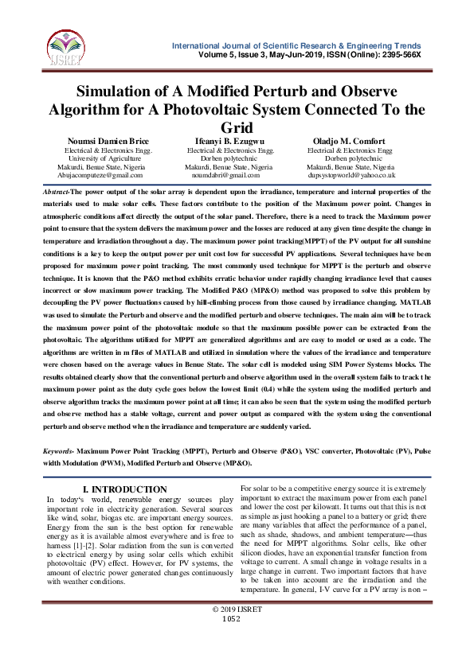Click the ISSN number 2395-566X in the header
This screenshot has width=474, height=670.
coord(400,53)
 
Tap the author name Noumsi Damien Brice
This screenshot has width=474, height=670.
coord(107,142)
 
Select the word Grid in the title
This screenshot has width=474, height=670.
coord(237,127)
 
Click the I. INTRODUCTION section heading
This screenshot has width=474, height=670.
coord(125,489)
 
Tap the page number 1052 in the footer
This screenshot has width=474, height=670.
coord(231,641)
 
